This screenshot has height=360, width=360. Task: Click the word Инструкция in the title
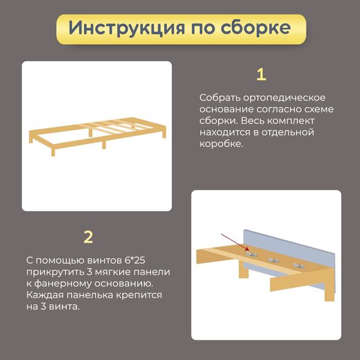pyautogui.click(x=126, y=28)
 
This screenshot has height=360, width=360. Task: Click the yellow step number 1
pyautogui.click(x=261, y=75)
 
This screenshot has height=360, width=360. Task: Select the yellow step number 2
pyautogui.click(x=88, y=237)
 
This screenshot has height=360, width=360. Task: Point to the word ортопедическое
pyautogui.click(x=284, y=98)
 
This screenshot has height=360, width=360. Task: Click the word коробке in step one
pyautogui.click(x=221, y=144)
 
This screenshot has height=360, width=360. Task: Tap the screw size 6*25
pyautogui.click(x=135, y=260)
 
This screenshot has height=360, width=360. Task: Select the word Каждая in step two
pyautogui.click(x=45, y=295)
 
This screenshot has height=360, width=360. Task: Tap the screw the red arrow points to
pyautogui.click(x=251, y=255)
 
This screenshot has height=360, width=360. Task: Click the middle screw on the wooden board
pyautogui.click(x=273, y=260)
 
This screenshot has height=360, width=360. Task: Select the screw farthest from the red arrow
pyautogui.click(x=298, y=266)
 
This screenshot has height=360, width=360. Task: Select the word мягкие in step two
pyautogui.click(x=112, y=272)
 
